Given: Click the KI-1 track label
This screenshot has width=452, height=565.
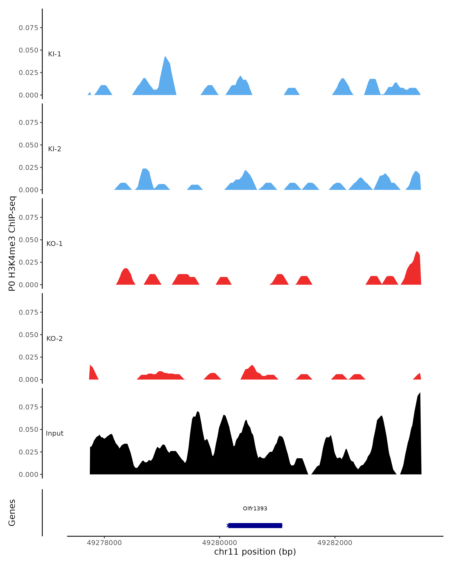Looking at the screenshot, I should coord(54,54).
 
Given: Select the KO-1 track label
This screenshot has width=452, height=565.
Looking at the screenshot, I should coord(54,244).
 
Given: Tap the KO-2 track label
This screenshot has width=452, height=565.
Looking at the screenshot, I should coord(54,339).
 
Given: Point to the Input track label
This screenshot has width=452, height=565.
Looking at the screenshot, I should coord(54,433).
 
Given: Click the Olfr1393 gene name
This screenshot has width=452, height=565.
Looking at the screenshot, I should coord(255,508).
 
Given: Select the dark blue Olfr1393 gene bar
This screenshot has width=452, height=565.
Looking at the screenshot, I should coord(255,525).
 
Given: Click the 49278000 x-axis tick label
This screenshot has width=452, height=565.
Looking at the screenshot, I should coord(104,543).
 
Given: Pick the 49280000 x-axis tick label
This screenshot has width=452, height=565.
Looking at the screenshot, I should coord(220,543).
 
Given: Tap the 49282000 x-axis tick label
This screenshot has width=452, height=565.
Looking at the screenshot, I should coord(335,543).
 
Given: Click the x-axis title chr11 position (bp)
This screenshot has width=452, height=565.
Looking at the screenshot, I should coord(255,552).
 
